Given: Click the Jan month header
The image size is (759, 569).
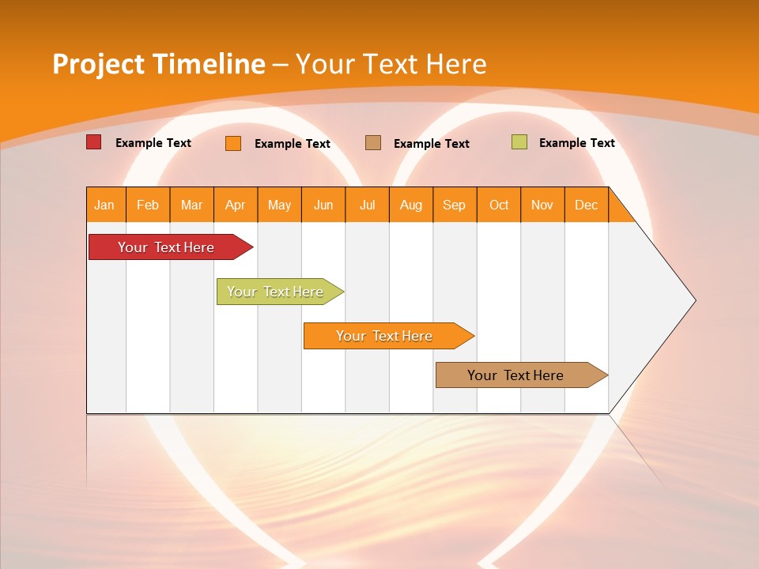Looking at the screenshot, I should coord(105,205).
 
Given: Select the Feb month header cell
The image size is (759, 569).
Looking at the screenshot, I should coord(148,205).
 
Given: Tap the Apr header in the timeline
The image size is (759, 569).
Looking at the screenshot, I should coord(236,205).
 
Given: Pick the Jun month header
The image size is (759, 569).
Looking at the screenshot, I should coord(323,205).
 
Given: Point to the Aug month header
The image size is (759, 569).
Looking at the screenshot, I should coord(411,205).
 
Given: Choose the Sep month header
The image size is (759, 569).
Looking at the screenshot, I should coord(455,205).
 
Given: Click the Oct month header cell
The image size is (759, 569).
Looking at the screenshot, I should coord(499,205).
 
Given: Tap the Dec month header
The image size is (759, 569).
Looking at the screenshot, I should coord(587,205).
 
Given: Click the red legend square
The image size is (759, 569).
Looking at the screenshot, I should coord(93,142).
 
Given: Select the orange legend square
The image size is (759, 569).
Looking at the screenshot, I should coord(233,143).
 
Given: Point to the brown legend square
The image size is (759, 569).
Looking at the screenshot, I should coord(373,142).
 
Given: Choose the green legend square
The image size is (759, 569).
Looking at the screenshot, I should coord(519,142).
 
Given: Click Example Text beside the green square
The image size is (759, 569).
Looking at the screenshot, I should coord(576,143).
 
